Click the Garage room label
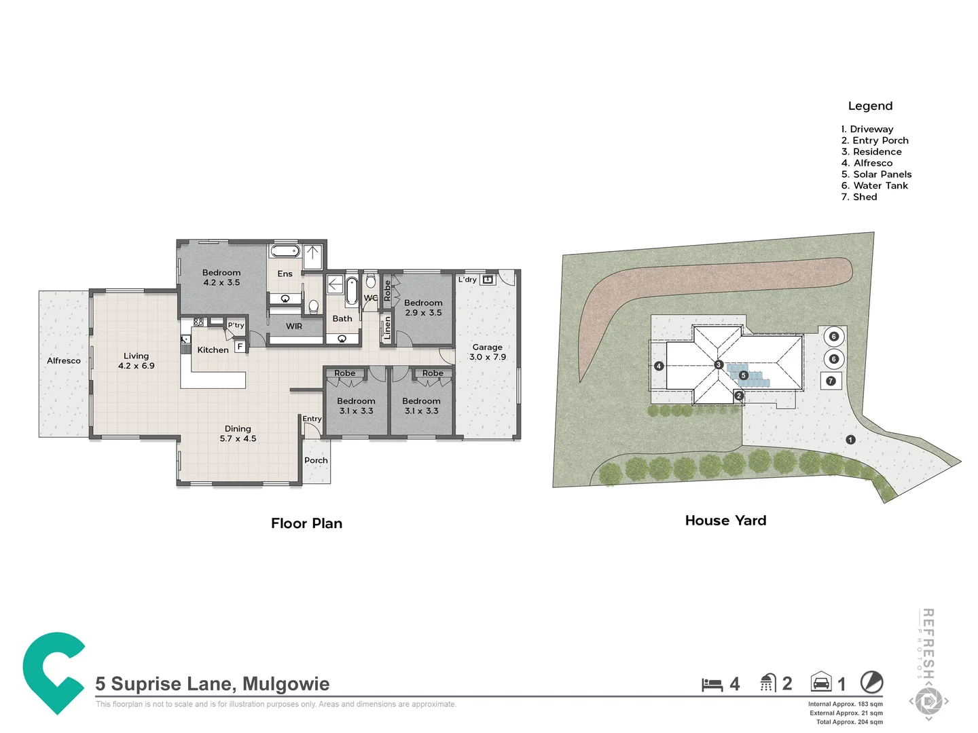[x=487, y=352]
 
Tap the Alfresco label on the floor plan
[x=64, y=360]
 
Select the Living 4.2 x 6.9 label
[x=136, y=360]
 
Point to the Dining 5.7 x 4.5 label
[x=238, y=434]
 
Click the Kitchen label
[x=213, y=350]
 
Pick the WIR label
[x=294, y=326]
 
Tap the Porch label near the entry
[x=316, y=460]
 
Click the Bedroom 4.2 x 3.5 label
[x=221, y=278]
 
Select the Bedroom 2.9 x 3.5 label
[x=423, y=307]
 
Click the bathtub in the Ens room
[x=285, y=251]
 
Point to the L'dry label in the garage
[x=467, y=280]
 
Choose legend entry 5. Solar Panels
[x=876, y=174]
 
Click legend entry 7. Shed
[x=859, y=197]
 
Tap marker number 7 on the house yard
[x=831, y=381]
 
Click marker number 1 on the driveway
[x=850, y=440]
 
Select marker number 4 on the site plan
[x=658, y=366]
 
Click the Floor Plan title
[x=306, y=523]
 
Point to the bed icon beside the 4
[x=712, y=684]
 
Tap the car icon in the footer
[x=821, y=682]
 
